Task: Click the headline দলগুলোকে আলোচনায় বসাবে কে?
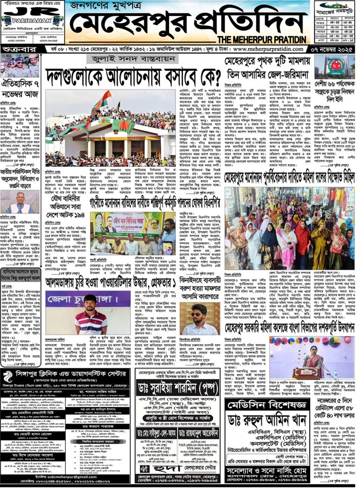[134, 75]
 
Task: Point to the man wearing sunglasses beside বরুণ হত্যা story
[199, 319]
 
